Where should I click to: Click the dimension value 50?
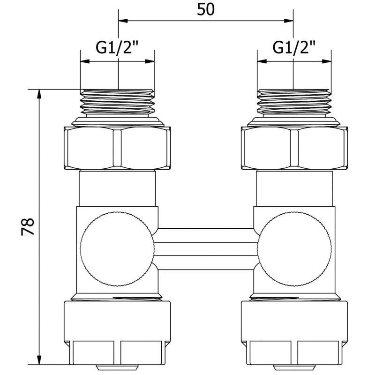coord(206,10)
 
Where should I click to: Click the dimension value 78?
coord(28,227)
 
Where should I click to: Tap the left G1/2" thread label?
coord(117,47)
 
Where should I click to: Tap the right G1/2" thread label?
coord(294,47)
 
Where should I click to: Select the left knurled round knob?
coord(117,249)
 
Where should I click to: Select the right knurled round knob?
coord(294,249)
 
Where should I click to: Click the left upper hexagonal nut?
coord(117,148)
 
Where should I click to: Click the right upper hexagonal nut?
coord(294,148)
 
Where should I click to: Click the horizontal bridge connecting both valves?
coord(206,249)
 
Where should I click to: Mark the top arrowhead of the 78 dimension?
coord(39,94)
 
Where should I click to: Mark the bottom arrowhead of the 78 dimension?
coord(39,360)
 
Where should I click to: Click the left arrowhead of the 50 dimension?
coord(123,21)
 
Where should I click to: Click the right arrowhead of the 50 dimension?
coord(288,21)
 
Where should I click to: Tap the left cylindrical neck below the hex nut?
coord(117,188)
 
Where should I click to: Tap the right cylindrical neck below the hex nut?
coord(294,188)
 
